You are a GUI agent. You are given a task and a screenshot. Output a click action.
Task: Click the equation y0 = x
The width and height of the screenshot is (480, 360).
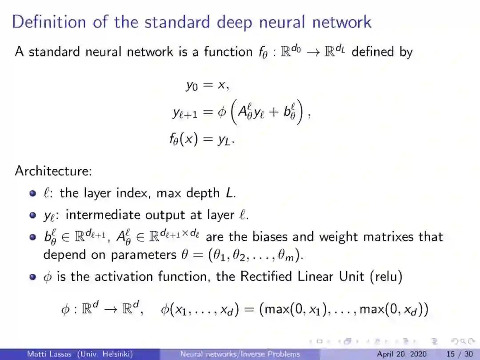pyautogui.click(x=207, y=85)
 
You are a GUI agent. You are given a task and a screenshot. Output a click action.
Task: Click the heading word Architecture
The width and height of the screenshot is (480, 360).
pyautogui.click(x=53, y=171)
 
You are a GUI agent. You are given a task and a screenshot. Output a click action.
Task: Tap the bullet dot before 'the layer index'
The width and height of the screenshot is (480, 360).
pyautogui.click(x=32, y=193)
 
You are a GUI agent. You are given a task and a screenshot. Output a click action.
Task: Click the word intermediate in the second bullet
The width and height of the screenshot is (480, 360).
pyautogui.click(x=104, y=215)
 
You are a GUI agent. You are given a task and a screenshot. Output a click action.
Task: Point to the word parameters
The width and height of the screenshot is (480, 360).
pyautogui.click(x=137, y=255)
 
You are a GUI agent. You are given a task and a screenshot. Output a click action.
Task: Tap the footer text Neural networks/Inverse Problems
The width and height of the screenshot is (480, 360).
pyautogui.click(x=240, y=354)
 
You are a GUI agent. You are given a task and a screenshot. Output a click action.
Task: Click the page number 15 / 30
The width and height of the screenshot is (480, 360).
pyautogui.click(x=460, y=354)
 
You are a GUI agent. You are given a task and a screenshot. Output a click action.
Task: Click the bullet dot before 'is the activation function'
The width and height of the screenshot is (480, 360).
pyautogui.click(x=32, y=277)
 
